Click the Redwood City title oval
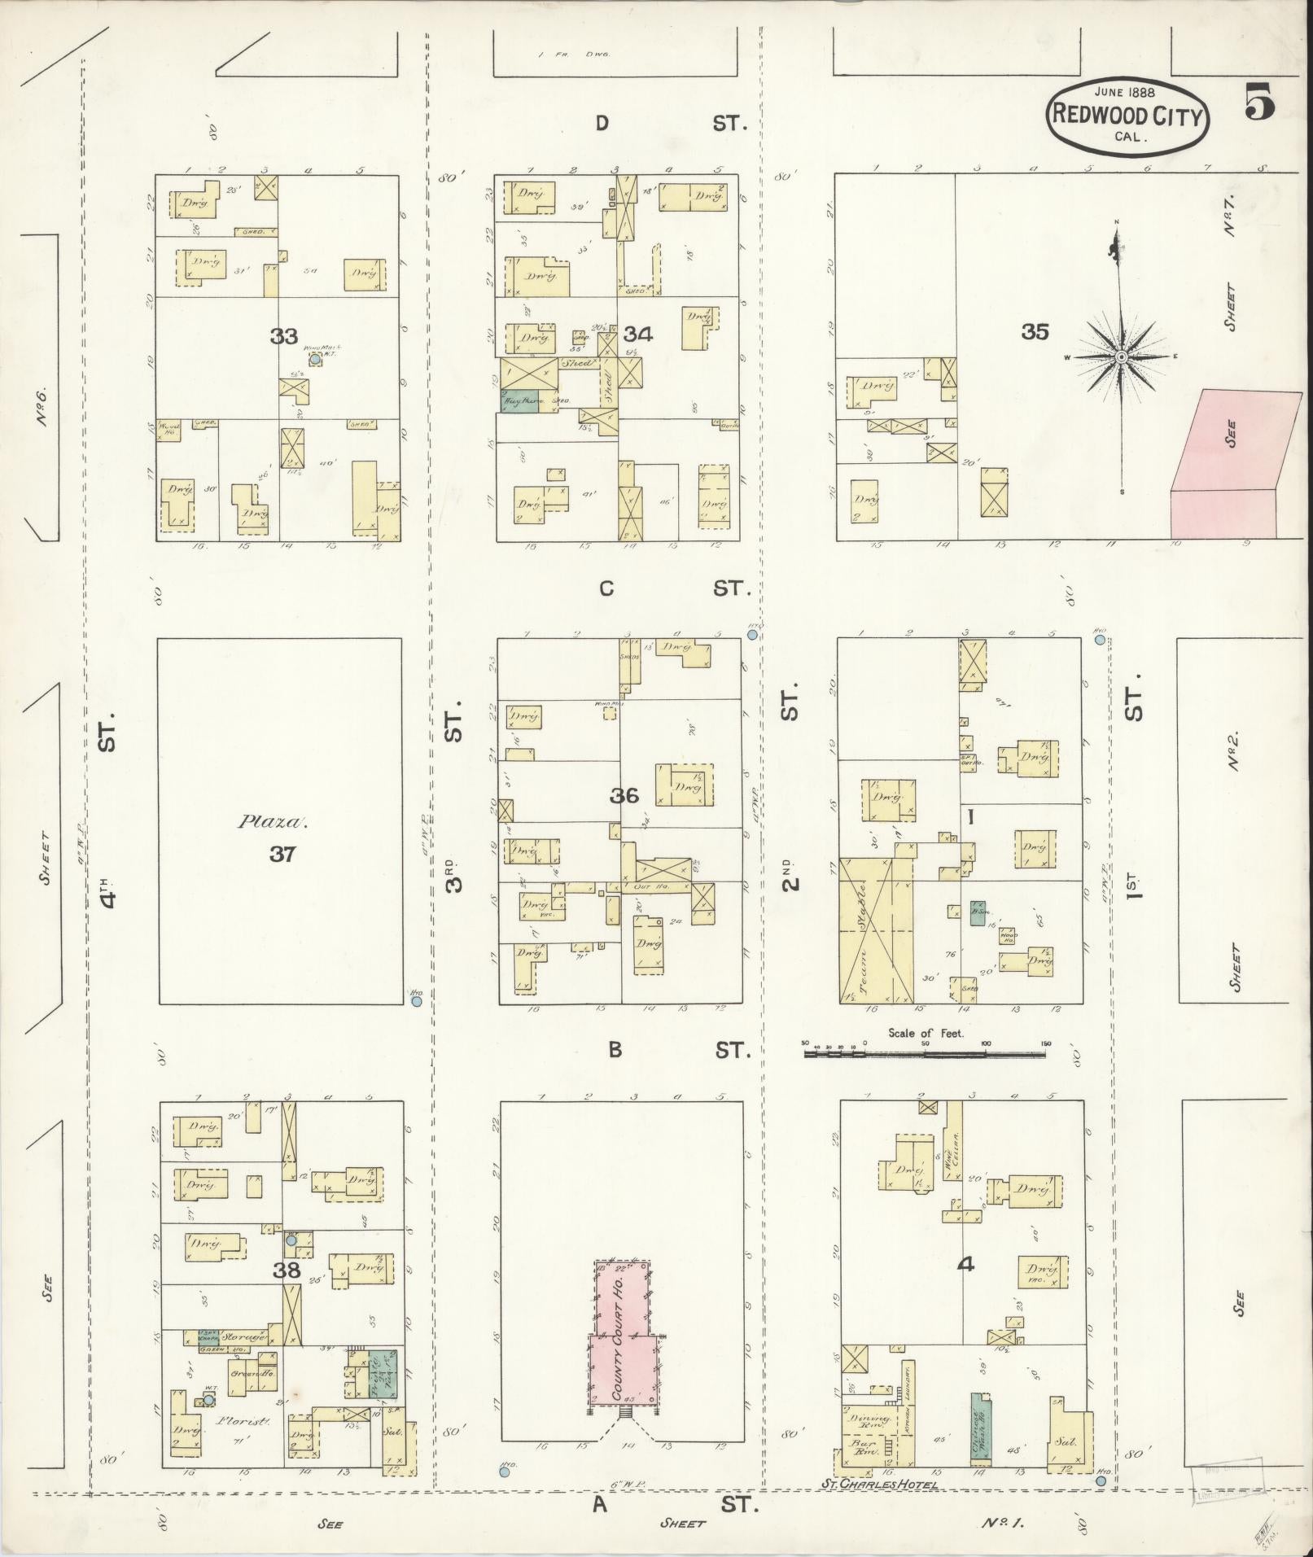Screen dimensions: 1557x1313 (1127, 115)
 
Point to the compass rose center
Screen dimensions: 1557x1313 (1121, 356)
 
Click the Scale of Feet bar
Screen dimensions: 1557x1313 (925, 1054)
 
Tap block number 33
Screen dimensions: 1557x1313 (284, 335)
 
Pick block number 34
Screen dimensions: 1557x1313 (639, 334)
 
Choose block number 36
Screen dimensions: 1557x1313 (624, 795)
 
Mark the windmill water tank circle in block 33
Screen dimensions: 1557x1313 (314, 357)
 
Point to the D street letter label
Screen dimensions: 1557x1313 (602, 124)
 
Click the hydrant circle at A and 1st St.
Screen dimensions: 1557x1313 (1101, 1480)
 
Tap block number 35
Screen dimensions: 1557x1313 (1035, 332)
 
